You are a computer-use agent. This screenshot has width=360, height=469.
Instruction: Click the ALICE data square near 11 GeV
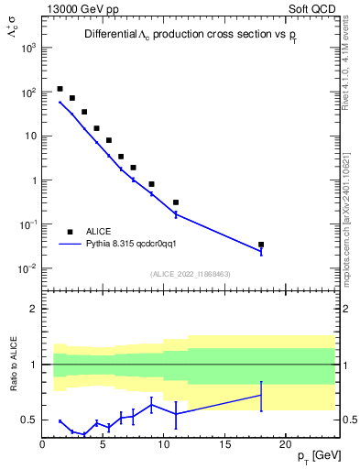[x=176, y=202]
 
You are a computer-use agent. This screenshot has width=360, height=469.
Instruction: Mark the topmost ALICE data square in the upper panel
[x=60, y=89]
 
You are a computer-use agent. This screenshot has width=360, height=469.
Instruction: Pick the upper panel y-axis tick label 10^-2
[x=27, y=268]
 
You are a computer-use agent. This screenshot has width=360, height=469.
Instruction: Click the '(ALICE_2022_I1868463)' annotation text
[x=191, y=274]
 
